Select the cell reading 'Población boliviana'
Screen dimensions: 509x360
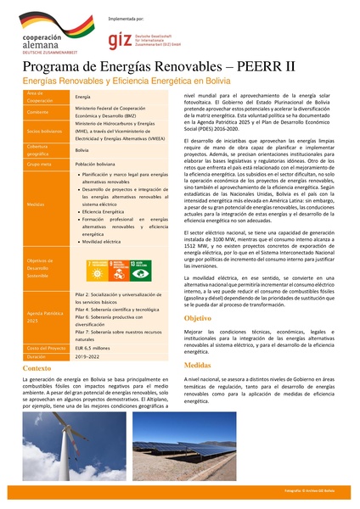click(x=96, y=164)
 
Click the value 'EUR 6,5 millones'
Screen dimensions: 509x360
click(x=93, y=348)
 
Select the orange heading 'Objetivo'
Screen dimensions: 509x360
click(x=198, y=317)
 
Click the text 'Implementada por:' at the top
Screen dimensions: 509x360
click(x=127, y=16)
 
